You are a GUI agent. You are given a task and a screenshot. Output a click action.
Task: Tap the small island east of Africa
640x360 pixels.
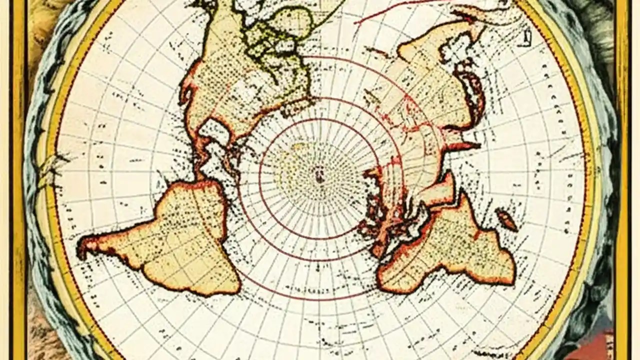[506, 220]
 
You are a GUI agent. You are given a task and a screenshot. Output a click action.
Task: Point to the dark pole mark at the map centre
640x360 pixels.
[318, 174]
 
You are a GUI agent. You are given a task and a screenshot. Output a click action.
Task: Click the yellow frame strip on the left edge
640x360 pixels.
[19, 180]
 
